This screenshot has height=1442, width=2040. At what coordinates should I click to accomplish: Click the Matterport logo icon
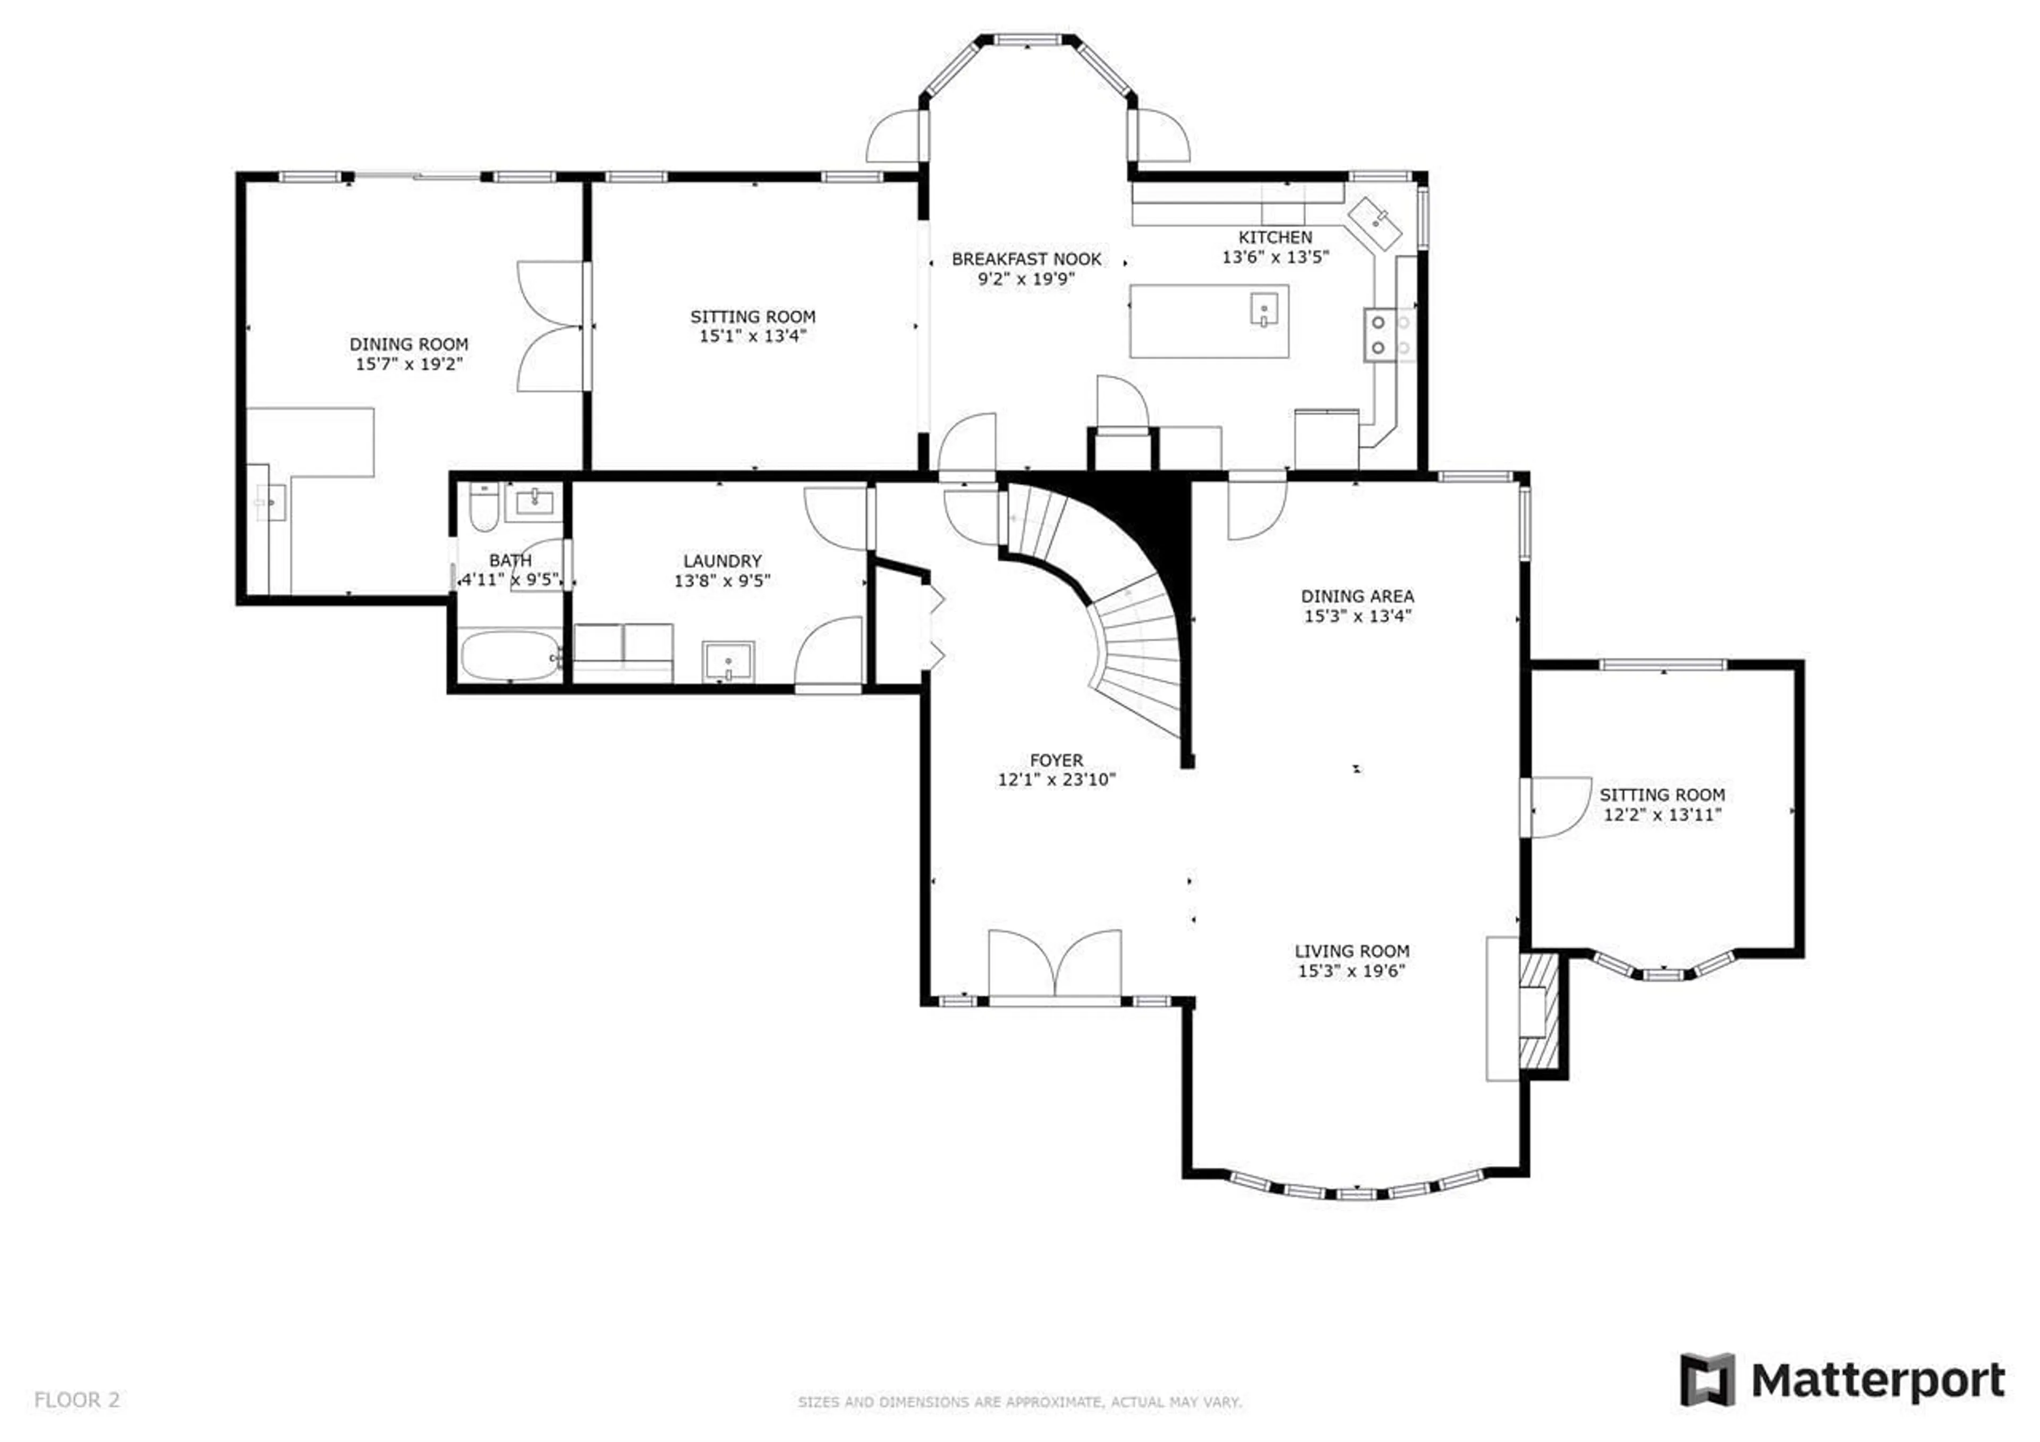[1706, 1380]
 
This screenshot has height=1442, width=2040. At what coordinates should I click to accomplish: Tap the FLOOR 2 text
[76, 1400]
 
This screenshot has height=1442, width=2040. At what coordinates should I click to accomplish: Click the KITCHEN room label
[1275, 237]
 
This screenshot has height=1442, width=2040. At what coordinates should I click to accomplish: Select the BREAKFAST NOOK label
[1026, 259]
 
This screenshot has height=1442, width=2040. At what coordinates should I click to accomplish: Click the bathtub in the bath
[510, 656]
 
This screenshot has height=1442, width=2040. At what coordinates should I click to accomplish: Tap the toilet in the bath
[483, 507]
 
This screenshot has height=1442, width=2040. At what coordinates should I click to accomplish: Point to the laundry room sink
[728, 662]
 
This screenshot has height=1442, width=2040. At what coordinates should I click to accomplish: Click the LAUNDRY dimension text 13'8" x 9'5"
[721, 581]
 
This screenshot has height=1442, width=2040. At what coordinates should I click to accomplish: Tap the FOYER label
[1056, 761]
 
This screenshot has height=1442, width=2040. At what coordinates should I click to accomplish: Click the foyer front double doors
[1055, 965]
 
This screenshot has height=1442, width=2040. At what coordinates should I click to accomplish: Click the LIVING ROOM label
[1351, 951]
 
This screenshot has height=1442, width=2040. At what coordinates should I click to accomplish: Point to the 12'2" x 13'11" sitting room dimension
[1662, 815]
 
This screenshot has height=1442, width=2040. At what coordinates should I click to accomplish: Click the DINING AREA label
[1357, 596]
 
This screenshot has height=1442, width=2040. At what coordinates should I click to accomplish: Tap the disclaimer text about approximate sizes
[1019, 1402]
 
